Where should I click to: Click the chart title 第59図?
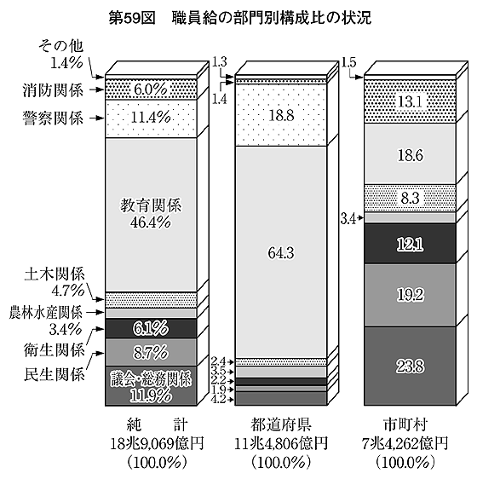click(132, 18)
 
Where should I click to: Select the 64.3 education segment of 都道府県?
click(281, 252)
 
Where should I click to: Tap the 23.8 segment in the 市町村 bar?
click(410, 366)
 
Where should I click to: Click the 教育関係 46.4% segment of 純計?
click(151, 215)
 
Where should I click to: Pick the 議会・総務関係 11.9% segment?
click(151, 385)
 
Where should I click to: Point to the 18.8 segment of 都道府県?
click(281, 115)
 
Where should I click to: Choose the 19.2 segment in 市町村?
click(410, 295)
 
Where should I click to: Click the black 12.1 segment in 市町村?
click(410, 244)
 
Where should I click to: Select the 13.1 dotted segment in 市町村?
click(410, 101)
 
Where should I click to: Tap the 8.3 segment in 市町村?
click(410, 199)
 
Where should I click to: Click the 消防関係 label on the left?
click(53, 90)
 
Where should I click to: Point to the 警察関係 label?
click(53, 118)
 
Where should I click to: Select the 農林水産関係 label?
click(46, 312)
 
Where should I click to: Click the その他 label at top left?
click(60, 46)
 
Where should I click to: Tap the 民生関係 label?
click(54, 374)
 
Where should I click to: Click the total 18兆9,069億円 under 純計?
click(157, 443)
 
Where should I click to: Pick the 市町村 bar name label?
click(405, 424)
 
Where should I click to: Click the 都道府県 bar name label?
click(281, 424)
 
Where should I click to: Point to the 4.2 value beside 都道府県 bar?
click(218, 399)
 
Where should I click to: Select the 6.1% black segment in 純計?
click(151, 328)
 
